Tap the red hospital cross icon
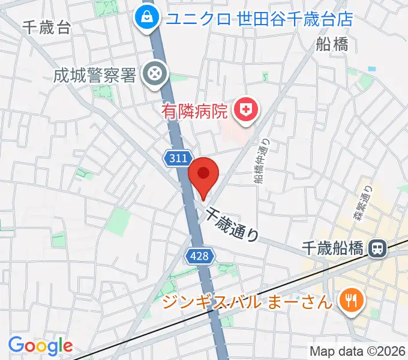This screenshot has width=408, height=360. point(245,110)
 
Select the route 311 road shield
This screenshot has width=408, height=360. point(178,158)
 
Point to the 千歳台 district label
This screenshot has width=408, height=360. point(47,26)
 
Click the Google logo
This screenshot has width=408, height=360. point(40,346)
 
